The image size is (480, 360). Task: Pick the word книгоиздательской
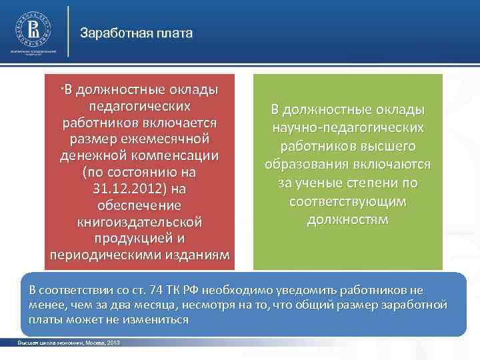[x=139, y=221]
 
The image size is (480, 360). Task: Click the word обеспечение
[x=139, y=205]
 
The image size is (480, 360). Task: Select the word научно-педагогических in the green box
[x=347, y=127]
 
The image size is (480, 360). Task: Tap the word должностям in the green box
[x=347, y=219]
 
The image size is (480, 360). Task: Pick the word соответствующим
[x=347, y=201]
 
